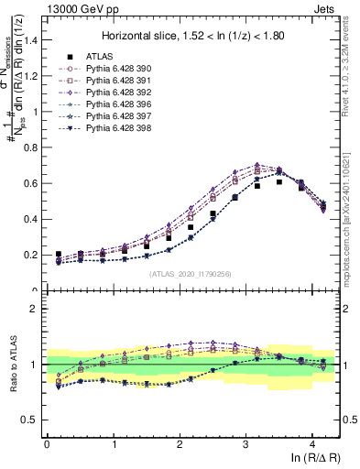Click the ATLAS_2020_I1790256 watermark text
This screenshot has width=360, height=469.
click(x=191, y=273)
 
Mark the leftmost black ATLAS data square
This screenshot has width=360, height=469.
click(x=59, y=255)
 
